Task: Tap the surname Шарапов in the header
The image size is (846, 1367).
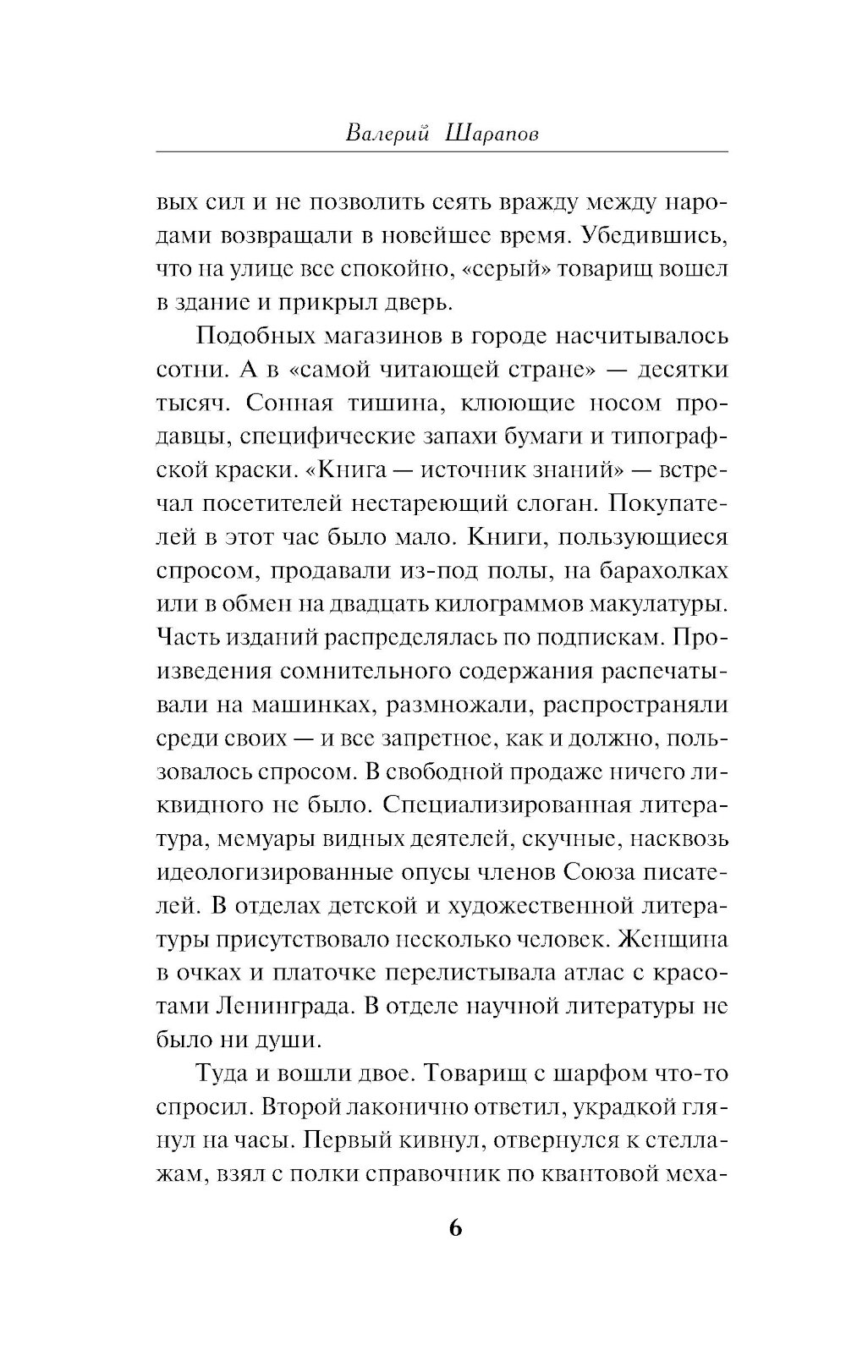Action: point(479,133)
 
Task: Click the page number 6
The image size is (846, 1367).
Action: point(454,1229)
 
